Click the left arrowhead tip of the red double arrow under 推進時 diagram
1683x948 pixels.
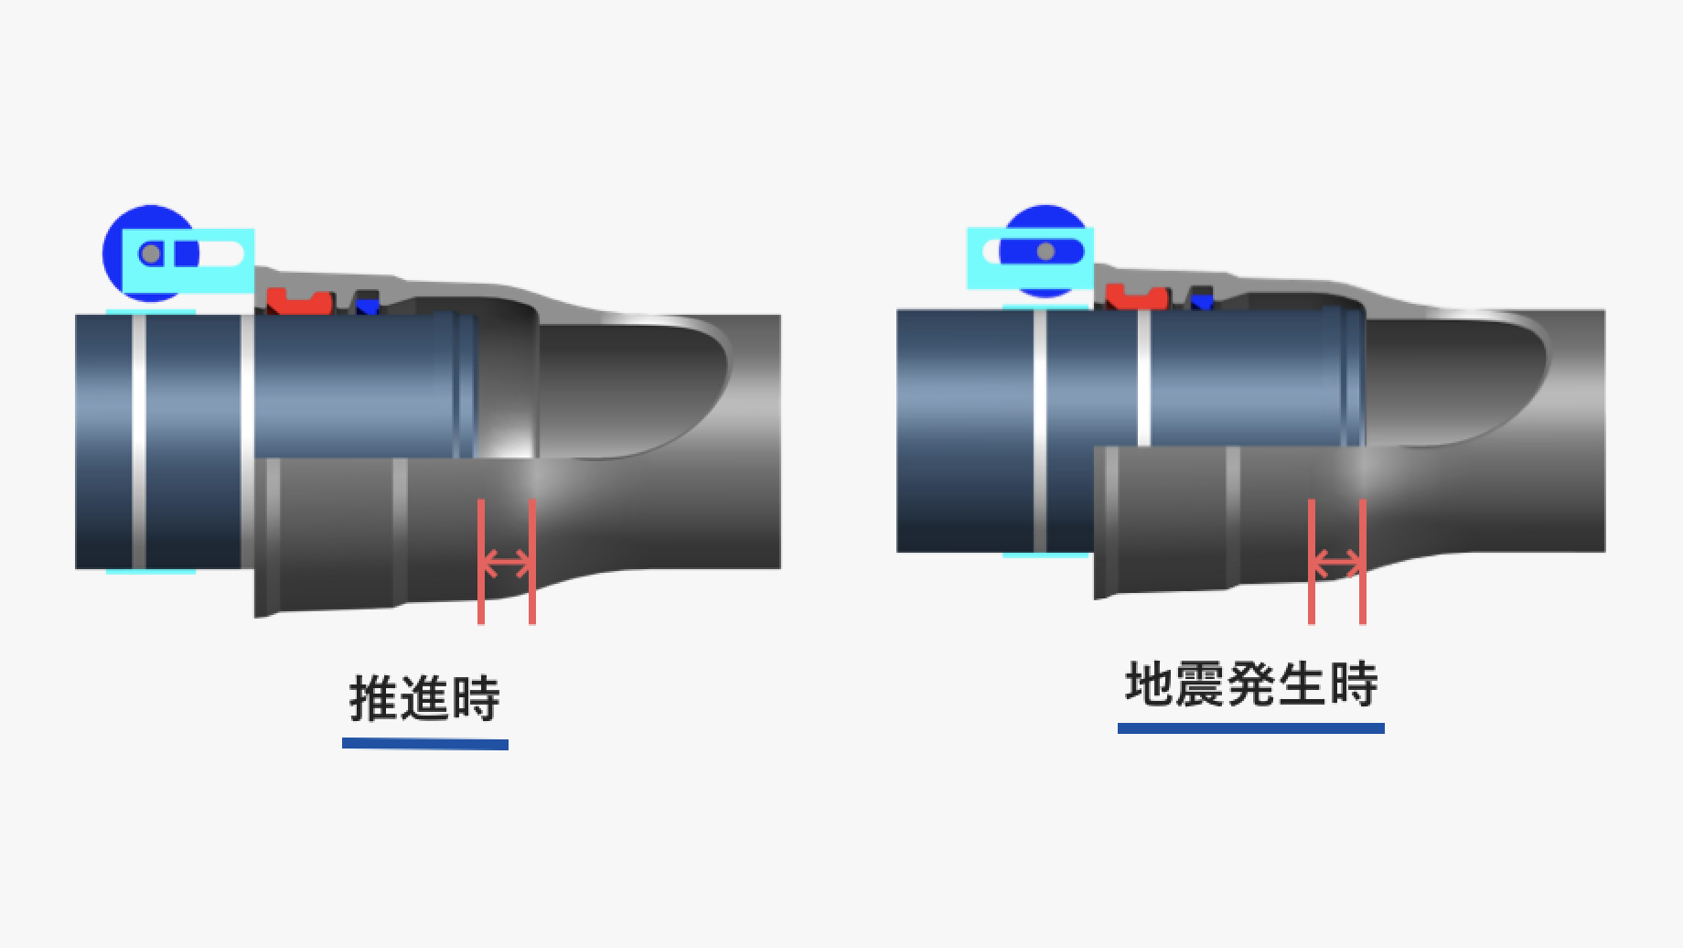click(x=483, y=563)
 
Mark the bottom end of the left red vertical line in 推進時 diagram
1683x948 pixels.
click(x=481, y=623)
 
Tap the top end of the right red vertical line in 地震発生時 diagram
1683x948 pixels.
click(x=1363, y=500)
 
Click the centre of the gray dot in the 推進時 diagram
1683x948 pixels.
click(x=151, y=253)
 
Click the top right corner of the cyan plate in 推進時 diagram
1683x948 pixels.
click(x=253, y=230)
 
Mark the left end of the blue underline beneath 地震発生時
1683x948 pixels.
click(x=1119, y=728)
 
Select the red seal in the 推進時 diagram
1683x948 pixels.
click(x=299, y=299)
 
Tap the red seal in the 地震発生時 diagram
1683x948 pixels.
click(x=1137, y=296)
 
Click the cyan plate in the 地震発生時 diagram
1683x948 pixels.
click(x=1030, y=258)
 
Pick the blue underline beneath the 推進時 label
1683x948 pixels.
click(x=425, y=744)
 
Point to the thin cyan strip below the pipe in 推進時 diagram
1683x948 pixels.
click(x=151, y=572)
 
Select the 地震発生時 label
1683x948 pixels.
click(x=1250, y=684)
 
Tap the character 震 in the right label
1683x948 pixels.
click(x=1199, y=684)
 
